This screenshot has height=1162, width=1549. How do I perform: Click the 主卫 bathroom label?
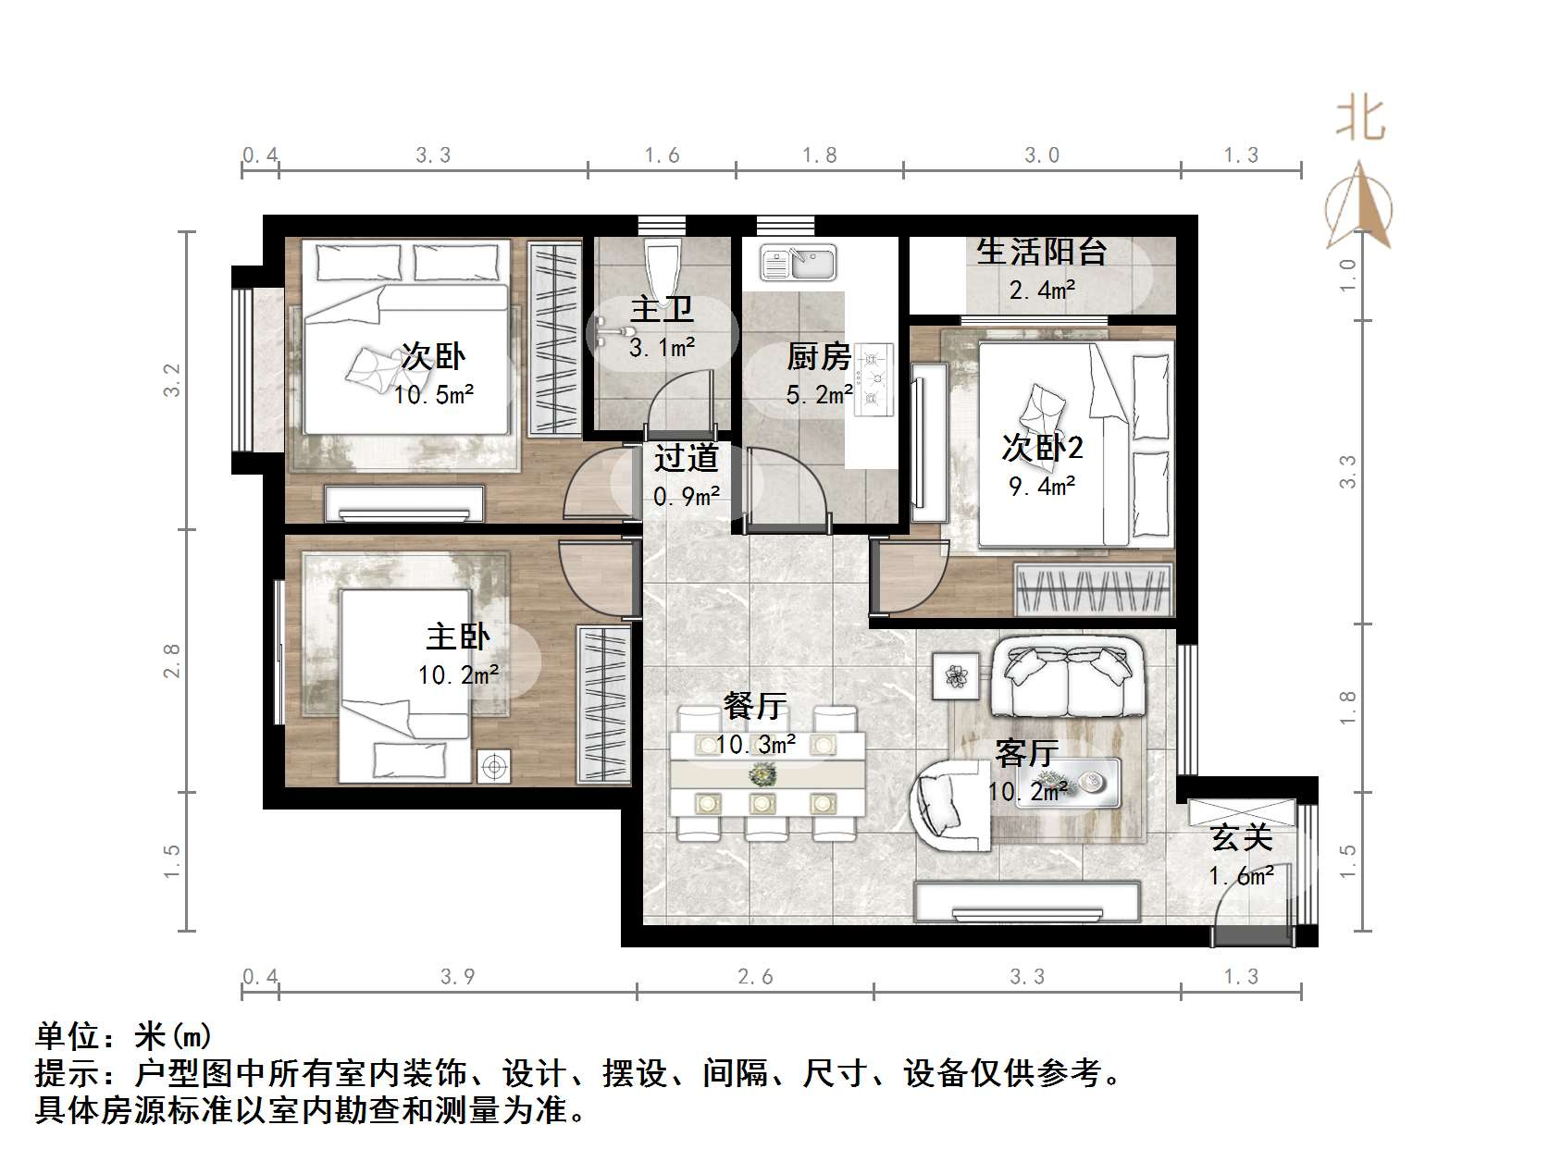pos(662,309)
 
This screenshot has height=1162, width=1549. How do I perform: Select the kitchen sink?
pos(798,262)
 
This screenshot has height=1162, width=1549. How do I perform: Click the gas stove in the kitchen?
pos(874,377)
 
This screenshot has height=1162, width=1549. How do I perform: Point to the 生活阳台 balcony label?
pos(1042,251)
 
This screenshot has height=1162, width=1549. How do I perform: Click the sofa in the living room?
pos(1068,677)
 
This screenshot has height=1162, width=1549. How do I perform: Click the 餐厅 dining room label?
pos(755,707)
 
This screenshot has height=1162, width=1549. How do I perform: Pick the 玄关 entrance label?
pos(1242,838)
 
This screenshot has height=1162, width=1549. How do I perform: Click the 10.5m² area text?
pos(434,396)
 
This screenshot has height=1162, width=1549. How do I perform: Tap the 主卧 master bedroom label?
pos(458,637)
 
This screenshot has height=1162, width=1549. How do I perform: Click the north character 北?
pos(1360,120)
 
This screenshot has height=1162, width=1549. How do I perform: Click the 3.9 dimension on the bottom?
pos(458,977)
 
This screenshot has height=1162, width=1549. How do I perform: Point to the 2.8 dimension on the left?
pos(172,661)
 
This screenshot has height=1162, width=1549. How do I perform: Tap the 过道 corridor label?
pos(686,458)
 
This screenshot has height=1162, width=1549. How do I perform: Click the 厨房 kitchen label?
pos(819,357)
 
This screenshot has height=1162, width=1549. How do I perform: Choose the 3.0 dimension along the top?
pos(1042,155)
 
